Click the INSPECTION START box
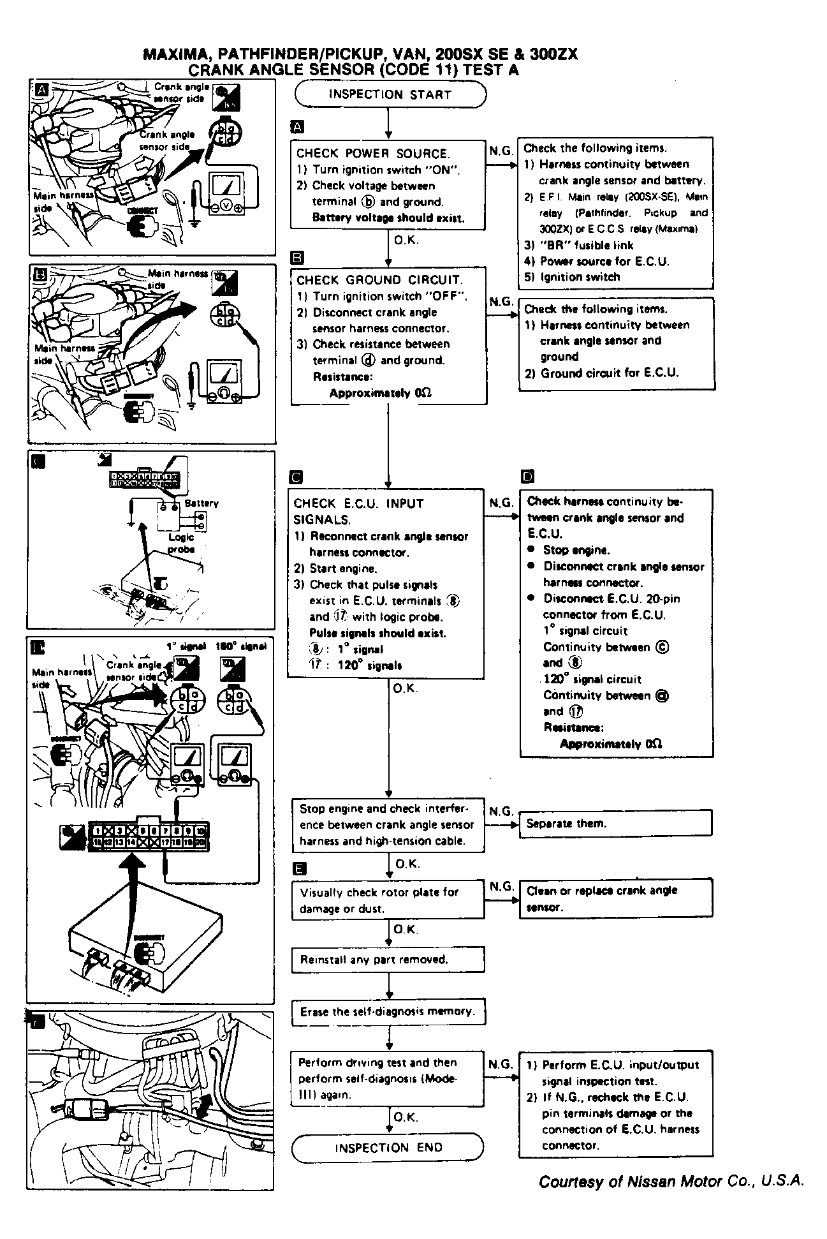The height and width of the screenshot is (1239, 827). [x=390, y=94]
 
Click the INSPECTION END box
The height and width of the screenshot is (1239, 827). [x=388, y=1148]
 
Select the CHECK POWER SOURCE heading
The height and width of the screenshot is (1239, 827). [x=373, y=153]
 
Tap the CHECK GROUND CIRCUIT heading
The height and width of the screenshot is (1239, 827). [x=380, y=279]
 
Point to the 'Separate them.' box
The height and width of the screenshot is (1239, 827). [x=615, y=823]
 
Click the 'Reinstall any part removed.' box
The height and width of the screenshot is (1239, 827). [x=388, y=960]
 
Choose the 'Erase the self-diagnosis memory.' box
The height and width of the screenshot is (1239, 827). [x=388, y=1011]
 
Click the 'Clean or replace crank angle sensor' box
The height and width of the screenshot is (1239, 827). [x=615, y=898]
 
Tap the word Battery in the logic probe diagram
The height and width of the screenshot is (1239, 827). [x=201, y=503]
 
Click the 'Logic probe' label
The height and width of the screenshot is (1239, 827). [x=181, y=543]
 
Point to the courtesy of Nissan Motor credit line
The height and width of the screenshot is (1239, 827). [x=671, y=1182]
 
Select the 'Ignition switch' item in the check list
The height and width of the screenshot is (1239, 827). [x=580, y=277]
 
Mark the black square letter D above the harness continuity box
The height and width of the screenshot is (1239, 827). [x=527, y=477]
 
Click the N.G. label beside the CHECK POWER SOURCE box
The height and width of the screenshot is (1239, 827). [x=501, y=151]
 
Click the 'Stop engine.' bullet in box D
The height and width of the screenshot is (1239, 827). [x=576, y=550]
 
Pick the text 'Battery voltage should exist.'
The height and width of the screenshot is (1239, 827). [x=388, y=218]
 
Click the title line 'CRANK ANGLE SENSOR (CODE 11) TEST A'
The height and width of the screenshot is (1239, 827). [x=353, y=70]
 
